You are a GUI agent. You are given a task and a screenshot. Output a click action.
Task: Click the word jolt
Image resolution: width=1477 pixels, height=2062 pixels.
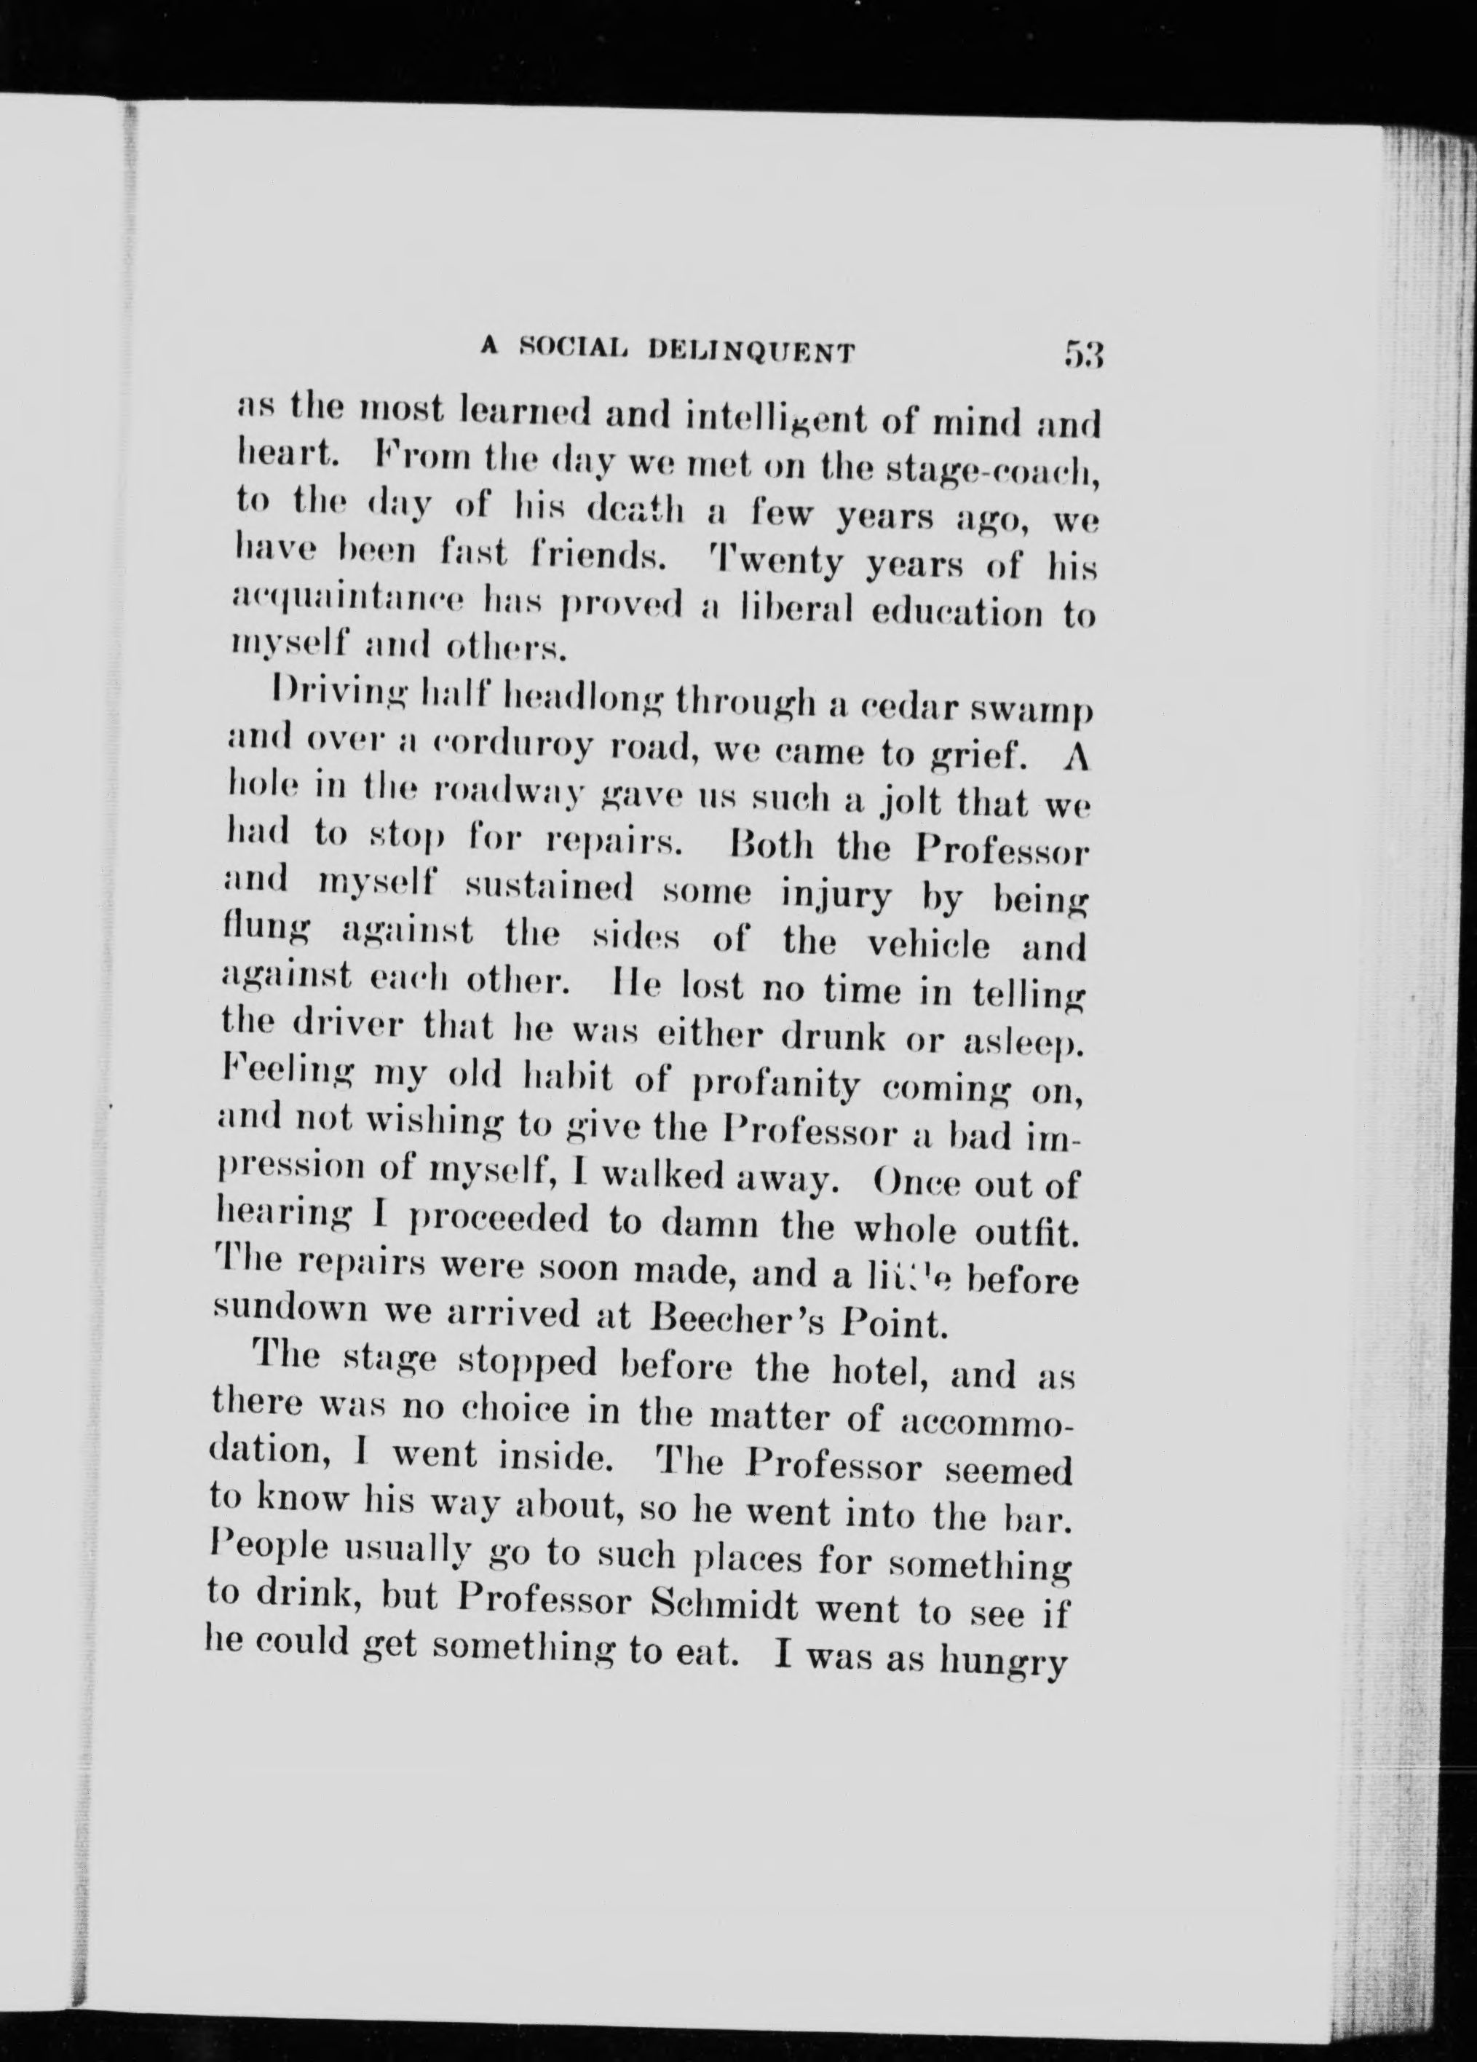click(x=914, y=805)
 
